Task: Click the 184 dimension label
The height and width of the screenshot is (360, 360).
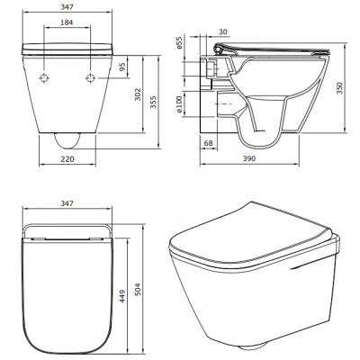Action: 67,22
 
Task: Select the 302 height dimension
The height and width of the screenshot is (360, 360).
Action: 138,94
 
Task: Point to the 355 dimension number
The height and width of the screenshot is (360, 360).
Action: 153,102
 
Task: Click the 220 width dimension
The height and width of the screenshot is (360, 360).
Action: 67,159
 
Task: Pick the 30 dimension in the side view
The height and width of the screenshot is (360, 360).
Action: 223,31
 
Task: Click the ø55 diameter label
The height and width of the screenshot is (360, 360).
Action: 179,42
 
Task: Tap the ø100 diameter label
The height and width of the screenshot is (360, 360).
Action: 179,104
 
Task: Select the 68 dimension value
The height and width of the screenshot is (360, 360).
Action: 208,143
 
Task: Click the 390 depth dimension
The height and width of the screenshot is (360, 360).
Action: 249,158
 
